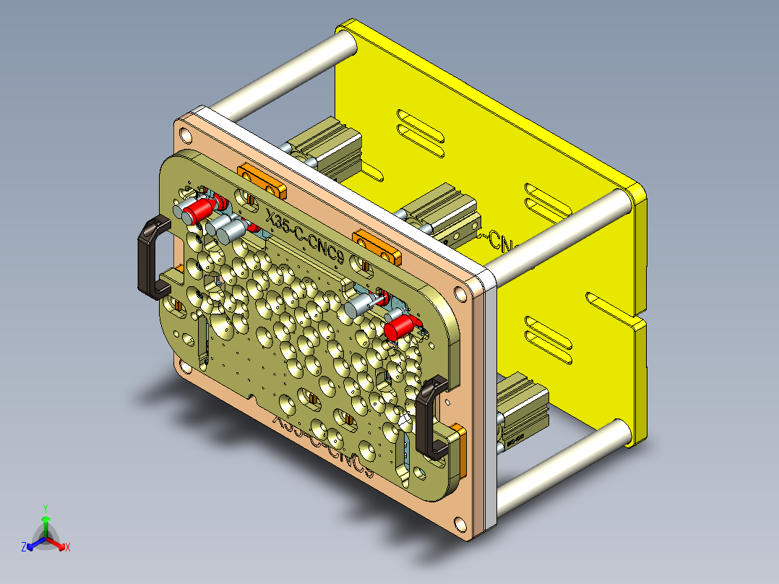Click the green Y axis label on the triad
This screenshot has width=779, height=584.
45,508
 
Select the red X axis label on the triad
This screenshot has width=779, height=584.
68,548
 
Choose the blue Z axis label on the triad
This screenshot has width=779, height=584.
24,548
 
